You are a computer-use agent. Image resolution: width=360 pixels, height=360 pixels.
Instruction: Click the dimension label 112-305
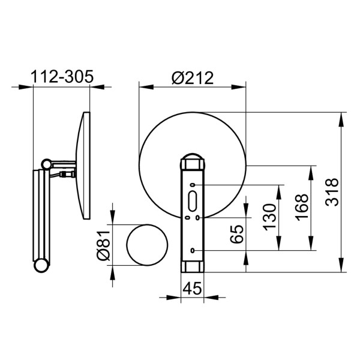point(62,77)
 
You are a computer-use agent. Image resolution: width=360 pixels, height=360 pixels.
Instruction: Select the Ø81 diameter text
point(103,245)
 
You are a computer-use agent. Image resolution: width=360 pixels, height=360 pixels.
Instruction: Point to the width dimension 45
point(192,288)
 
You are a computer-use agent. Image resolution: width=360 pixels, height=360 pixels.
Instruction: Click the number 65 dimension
point(237,234)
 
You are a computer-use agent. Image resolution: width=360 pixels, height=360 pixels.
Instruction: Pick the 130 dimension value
point(271,217)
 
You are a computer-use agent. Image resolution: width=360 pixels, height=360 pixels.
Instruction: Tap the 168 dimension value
point(303,208)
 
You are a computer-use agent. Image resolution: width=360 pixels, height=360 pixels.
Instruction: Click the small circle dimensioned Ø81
point(146,245)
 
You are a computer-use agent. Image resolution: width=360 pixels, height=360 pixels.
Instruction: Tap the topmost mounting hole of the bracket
point(193,185)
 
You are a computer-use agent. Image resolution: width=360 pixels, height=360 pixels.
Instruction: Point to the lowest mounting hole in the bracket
point(193,250)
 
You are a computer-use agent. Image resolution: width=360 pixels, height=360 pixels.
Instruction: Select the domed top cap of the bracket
point(193,160)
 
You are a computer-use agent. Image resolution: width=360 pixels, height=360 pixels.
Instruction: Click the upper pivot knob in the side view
point(46,163)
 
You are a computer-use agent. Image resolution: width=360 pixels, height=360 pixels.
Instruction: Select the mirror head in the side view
point(84,165)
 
